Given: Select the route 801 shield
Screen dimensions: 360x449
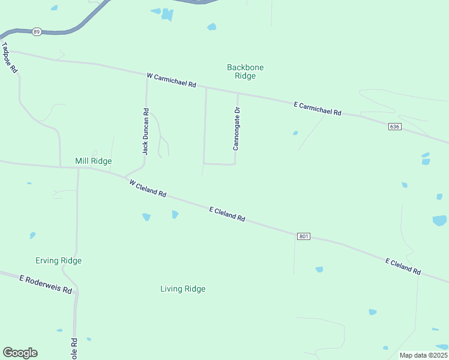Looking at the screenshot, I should point(303,236).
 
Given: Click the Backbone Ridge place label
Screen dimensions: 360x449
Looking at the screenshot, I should point(245,71).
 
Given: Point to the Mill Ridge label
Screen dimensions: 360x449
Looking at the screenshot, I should point(93,161).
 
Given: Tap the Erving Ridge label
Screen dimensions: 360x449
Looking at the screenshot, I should point(58,260).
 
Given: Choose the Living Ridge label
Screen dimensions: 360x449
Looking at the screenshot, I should point(182,289).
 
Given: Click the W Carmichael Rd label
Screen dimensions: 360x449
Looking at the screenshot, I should point(172,80).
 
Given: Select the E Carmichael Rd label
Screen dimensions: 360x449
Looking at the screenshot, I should point(318,109).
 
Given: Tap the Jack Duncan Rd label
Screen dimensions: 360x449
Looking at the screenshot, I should point(145,131).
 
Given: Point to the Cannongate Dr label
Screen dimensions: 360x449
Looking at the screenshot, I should point(237,128).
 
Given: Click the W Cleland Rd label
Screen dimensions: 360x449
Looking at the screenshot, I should point(147,187).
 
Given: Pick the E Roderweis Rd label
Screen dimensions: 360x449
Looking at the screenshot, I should point(46,284).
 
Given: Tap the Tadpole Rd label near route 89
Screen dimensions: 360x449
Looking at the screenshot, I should point(10,58).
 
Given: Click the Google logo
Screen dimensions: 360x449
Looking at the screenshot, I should point(20,352).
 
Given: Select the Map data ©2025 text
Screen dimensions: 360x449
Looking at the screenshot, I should point(423,355).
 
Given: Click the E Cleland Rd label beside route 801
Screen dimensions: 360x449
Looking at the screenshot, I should point(227,214).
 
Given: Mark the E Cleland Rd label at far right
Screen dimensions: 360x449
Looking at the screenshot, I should point(403,266).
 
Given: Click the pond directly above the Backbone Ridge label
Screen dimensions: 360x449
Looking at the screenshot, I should point(211,26).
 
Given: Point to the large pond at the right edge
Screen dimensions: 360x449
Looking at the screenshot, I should point(439,220).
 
